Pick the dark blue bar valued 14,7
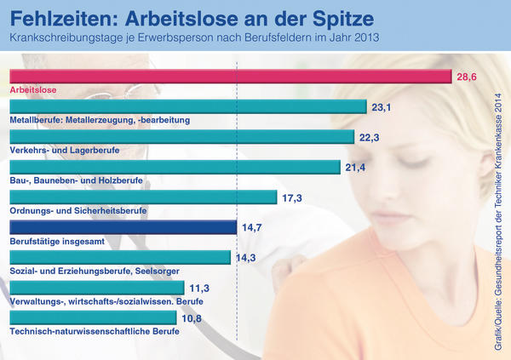pyautogui.click(x=122, y=227)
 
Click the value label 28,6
pyautogui.click(x=466, y=77)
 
